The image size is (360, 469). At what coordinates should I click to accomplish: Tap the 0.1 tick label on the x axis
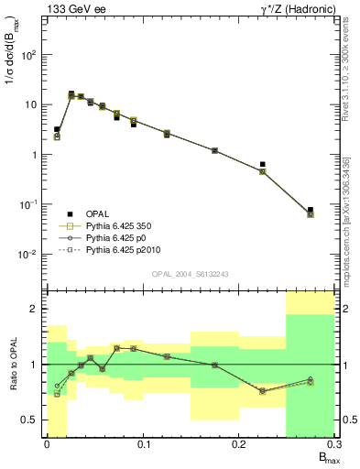[x=142, y=444]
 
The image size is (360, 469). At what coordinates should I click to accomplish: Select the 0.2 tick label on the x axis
[x=238, y=444]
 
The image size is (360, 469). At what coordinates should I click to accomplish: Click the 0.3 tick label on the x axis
[x=334, y=444]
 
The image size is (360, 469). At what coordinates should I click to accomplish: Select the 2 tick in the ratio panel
[x=33, y=309]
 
